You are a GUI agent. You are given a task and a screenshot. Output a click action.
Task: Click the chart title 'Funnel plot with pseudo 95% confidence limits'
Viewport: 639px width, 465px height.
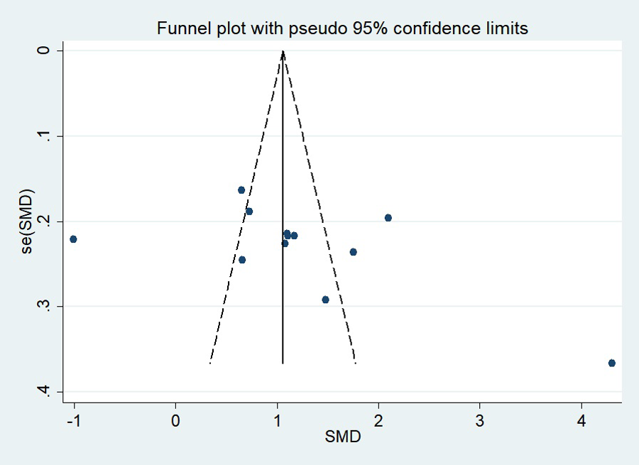pyautogui.click(x=343, y=28)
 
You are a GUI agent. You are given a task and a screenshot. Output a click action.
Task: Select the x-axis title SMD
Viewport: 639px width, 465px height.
pyautogui.click(x=343, y=437)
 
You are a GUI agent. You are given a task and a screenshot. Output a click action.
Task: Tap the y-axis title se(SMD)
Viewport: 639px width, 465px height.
pyautogui.click(x=27, y=221)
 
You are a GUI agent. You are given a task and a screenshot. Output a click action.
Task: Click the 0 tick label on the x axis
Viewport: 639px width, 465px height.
pyautogui.click(x=175, y=419)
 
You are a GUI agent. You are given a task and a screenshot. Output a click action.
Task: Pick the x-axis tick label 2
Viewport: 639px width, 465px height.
pyautogui.click(x=378, y=419)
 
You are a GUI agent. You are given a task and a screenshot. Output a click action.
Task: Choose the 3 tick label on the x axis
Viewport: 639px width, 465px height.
pyautogui.click(x=480, y=419)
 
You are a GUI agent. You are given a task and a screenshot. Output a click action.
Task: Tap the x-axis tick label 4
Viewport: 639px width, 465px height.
pyautogui.click(x=581, y=419)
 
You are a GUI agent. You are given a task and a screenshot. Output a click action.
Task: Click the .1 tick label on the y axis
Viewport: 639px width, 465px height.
pyautogui.click(x=47, y=136)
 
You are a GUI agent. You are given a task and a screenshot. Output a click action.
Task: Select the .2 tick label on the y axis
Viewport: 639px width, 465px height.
pyautogui.click(x=47, y=221)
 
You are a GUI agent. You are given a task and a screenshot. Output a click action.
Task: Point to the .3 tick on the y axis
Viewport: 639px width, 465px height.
pyautogui.click(x=47, y=306)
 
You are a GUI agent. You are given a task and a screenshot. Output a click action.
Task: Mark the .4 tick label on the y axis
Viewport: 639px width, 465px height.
pyautogui.click(x=47, y=391)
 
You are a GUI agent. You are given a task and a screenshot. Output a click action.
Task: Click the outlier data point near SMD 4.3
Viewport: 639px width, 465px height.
pyautogui.click(x=611, y=363)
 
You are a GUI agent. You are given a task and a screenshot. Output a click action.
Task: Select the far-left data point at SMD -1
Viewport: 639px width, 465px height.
pyautogui.click(x=73, y=239)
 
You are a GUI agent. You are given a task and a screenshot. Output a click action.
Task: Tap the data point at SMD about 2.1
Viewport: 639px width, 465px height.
pyautogui.click(x=388, y=217)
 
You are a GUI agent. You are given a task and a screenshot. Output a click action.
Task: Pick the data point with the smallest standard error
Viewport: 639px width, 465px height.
pyautogui.click(x=241, y=190)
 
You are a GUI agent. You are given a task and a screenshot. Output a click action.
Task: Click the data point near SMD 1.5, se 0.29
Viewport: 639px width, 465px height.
pyautogui.click(x=325, y=300)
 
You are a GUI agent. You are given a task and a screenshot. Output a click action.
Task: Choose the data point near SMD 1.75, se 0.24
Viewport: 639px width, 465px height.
pyautogui.click(x=353, y=252)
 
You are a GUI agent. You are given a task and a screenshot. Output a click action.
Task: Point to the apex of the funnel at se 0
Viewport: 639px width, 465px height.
pyautogui.click(x=283, y=51)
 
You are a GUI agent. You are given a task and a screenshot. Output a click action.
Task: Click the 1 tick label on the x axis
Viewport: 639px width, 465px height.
pyautogui.click(x=277, y=419)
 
